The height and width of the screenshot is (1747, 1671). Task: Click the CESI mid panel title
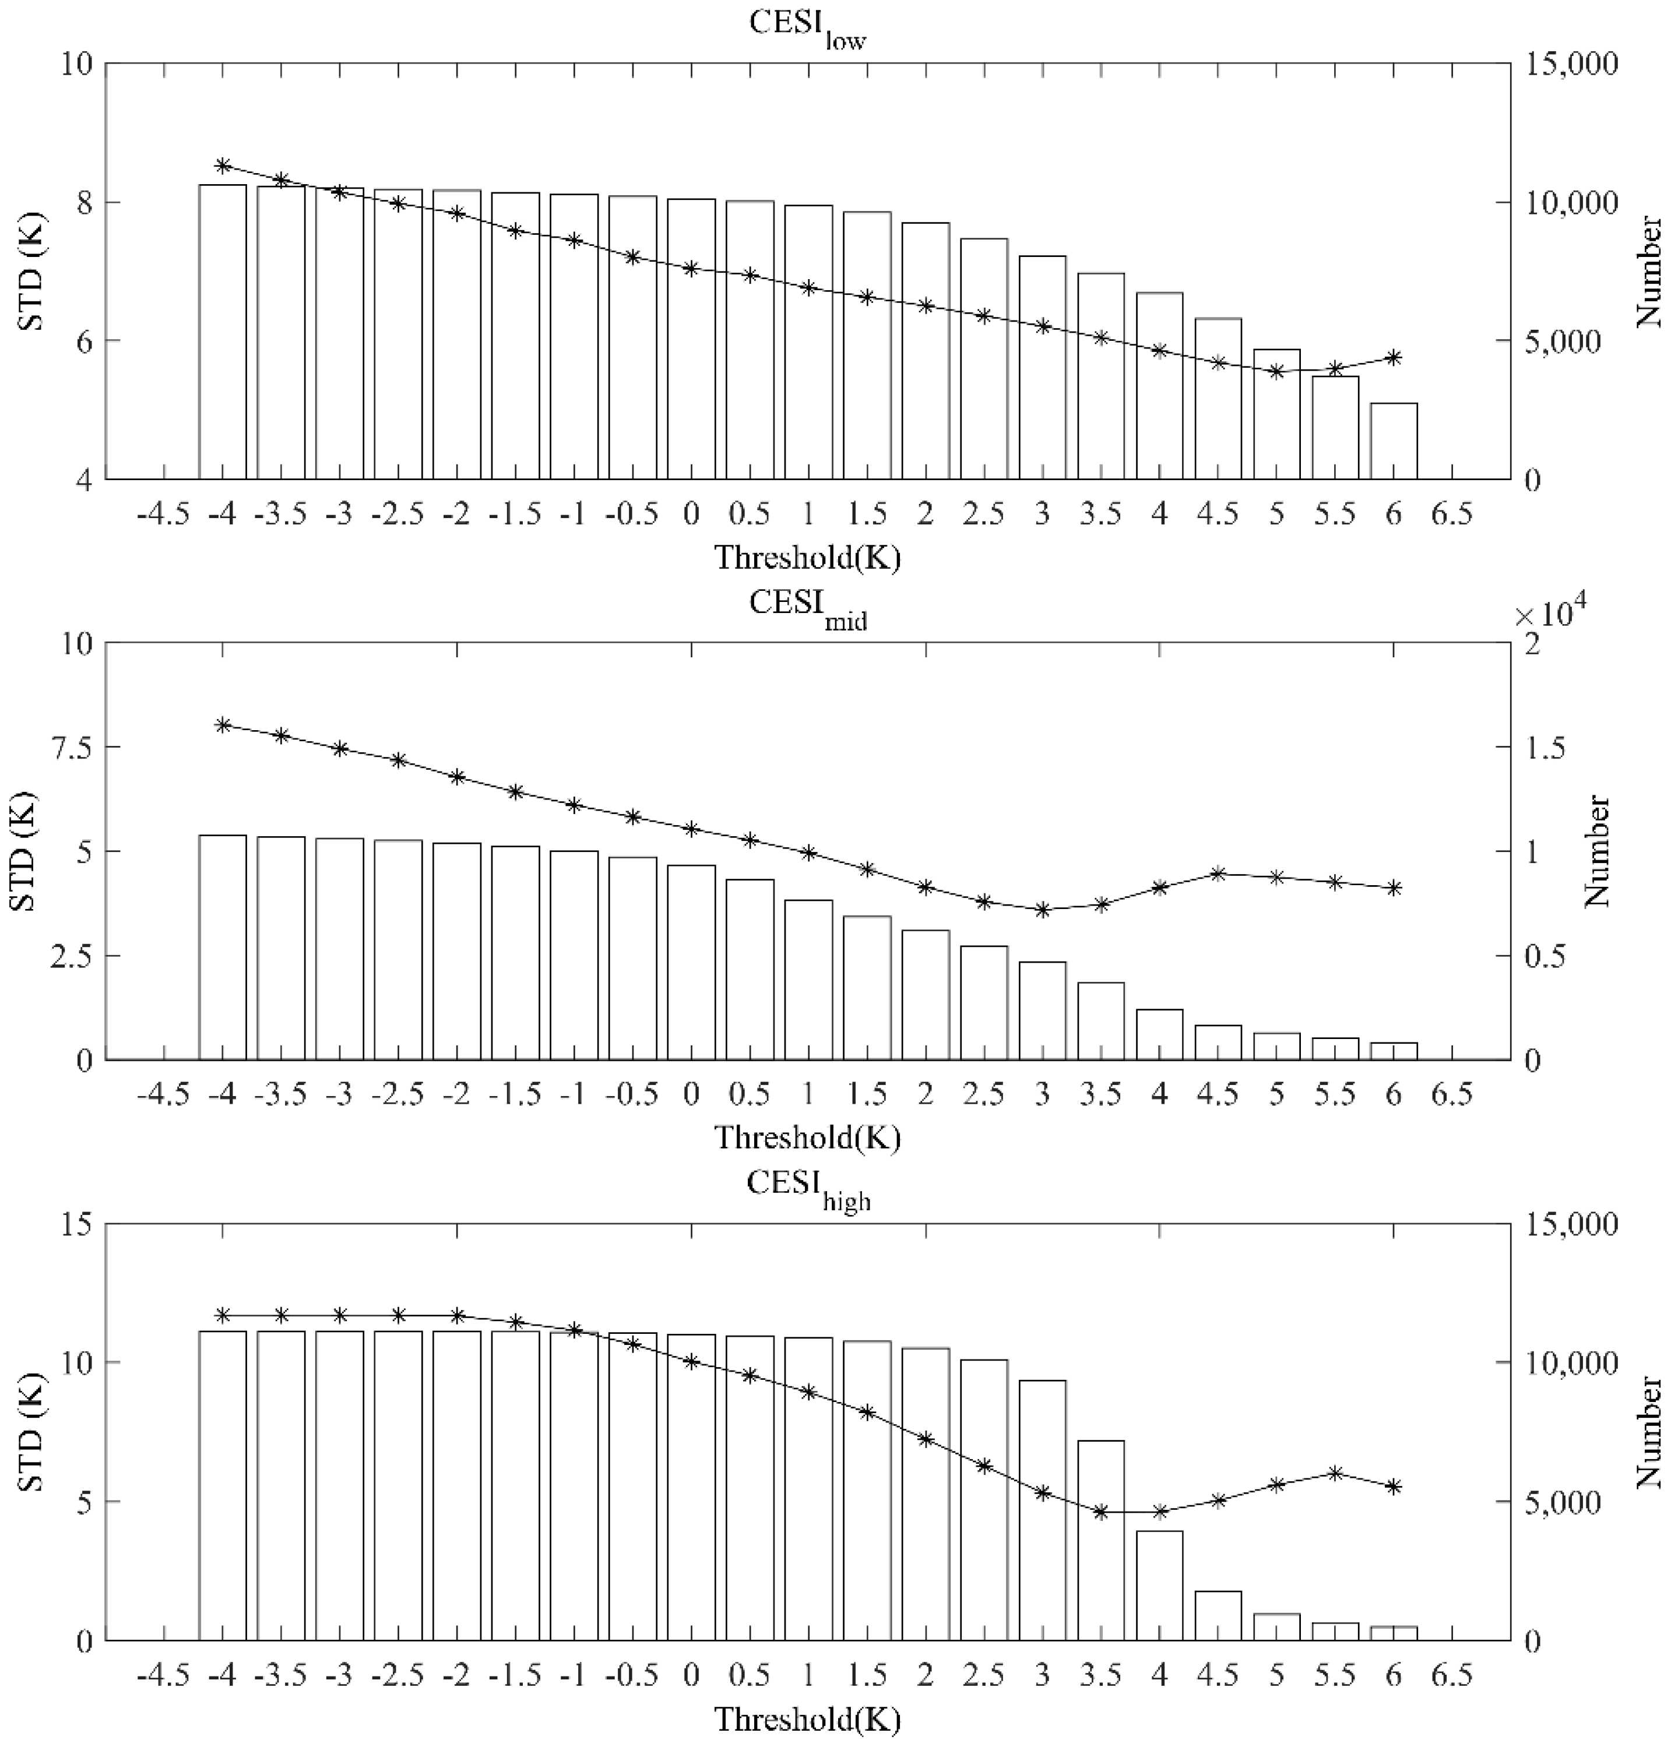pos(807,605)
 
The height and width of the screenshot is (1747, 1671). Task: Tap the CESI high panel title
pos(807,1184)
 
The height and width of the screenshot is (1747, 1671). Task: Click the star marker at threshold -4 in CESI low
pos(223,165)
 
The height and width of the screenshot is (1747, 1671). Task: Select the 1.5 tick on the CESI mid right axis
pos(1543,747)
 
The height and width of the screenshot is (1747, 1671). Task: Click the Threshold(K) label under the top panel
pos(807,558)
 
